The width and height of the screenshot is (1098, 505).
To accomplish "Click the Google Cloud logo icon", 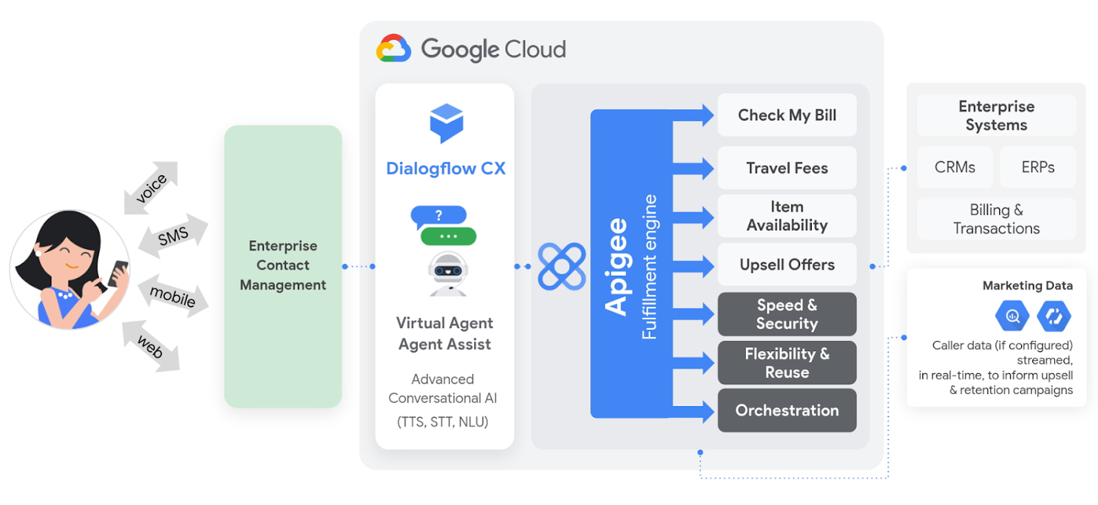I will [393, 49].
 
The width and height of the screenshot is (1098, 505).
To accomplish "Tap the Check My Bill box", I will [786, 115].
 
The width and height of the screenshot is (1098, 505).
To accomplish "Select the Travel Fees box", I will [786, 168].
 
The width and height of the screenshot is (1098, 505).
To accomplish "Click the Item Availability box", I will [786, 216].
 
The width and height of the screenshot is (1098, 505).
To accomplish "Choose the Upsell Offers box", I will [786, 265].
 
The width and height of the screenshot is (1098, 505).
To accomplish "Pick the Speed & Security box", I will [786, 314].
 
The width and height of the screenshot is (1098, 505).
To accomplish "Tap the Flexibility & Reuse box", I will [786, 363].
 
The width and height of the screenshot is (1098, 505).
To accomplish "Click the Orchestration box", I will [786, 410].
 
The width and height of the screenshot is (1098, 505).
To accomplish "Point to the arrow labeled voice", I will [151, 188].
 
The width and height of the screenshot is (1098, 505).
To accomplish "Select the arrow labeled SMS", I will [173, 236].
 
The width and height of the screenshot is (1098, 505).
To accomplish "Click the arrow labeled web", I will [150, 347].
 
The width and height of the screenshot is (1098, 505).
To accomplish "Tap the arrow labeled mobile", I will [173, 296].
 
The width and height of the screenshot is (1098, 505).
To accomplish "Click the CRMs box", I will [955, 167].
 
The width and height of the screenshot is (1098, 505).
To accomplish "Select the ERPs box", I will [1038, 167].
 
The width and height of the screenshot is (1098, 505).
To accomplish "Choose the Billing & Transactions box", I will [996, 219].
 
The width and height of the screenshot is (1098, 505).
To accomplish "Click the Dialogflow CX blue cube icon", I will [446, 123].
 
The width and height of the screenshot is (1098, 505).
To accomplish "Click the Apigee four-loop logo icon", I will [561, 266].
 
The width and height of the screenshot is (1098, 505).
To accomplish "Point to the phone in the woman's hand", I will [118, 272].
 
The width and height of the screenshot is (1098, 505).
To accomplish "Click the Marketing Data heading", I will [1027, 285].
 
